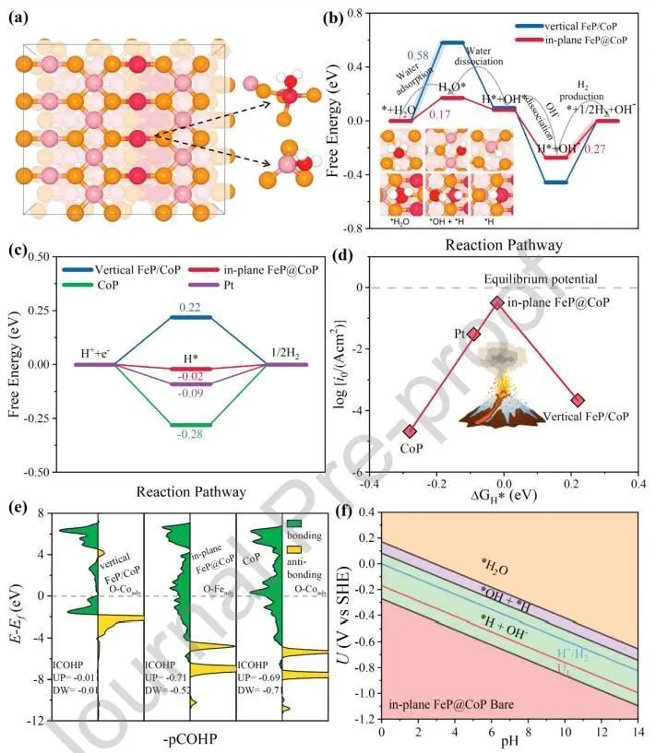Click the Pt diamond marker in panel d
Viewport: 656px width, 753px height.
474,334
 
